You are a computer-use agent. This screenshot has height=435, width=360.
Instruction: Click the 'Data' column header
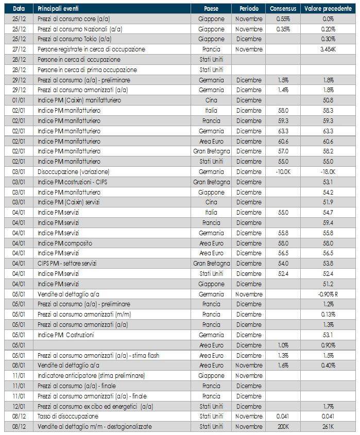point(19,9)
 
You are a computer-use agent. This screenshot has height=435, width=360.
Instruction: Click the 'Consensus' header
point(282,9)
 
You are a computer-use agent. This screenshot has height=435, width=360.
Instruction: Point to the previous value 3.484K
point(329,49)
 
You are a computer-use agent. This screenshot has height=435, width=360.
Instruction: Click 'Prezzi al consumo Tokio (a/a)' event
point(74,39)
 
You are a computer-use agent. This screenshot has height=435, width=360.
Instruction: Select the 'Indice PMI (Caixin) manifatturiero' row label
point(78,100)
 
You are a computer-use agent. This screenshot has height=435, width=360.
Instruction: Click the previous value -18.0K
point(329,171)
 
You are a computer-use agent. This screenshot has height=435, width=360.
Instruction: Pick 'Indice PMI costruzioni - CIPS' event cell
point(73,182)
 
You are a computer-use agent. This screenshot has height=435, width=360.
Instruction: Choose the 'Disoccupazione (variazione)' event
point(73,171)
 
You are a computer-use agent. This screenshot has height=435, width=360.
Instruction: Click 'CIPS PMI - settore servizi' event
point(68,264)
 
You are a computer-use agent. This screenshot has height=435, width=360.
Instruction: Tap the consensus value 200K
point(282,427)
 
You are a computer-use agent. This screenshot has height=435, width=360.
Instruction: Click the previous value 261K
point(329,427)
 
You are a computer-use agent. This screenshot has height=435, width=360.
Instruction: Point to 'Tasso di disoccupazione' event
point(67,416)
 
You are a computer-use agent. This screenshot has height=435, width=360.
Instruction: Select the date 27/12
point(19,49)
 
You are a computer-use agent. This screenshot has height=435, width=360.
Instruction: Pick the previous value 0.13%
point(329,315)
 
